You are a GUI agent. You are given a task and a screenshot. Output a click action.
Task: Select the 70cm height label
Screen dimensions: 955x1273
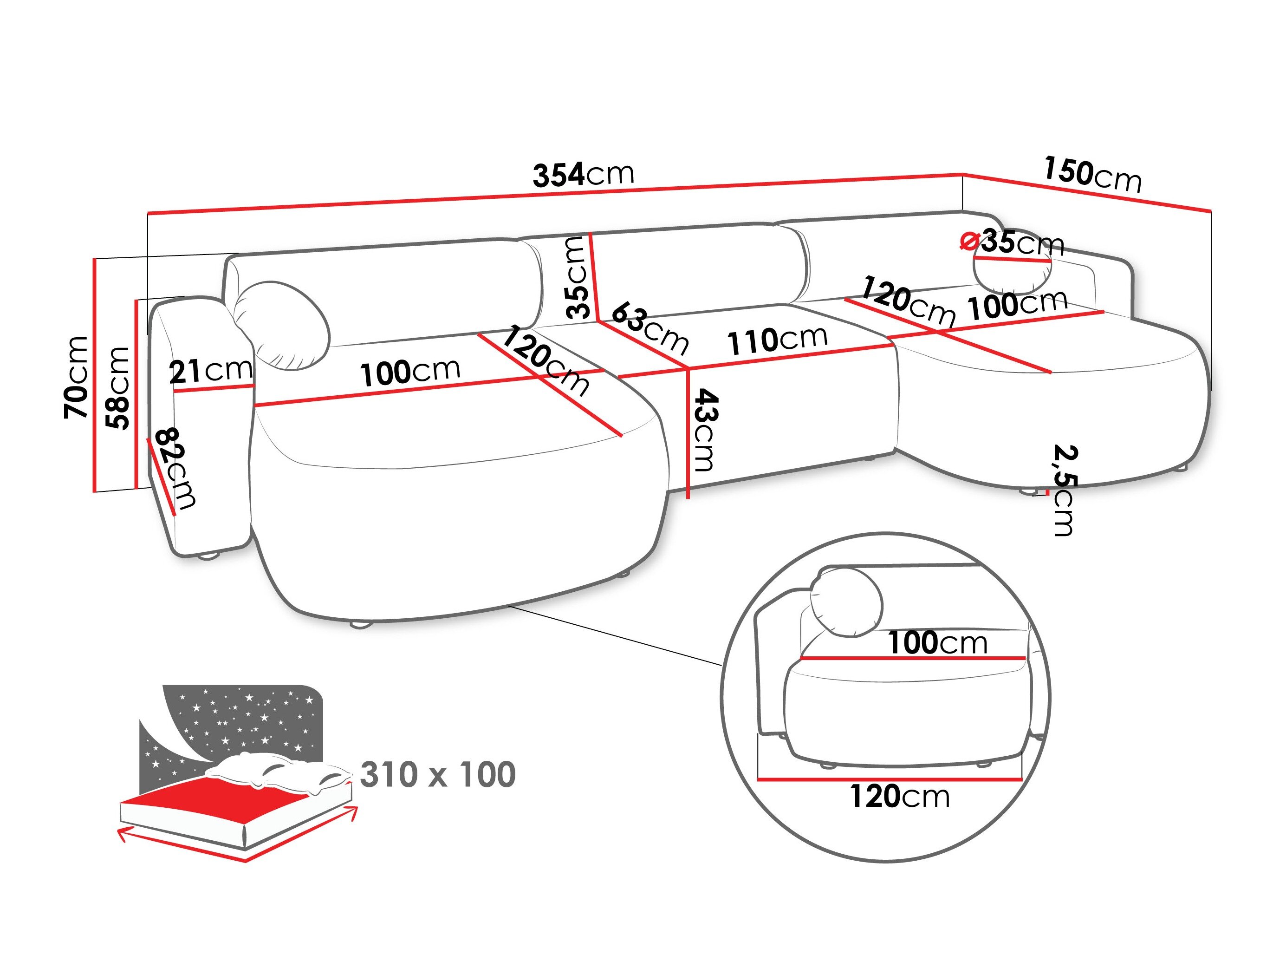77,377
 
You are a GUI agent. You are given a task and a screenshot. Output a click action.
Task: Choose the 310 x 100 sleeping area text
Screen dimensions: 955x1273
437,774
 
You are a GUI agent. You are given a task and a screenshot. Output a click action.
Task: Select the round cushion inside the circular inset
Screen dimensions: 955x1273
846,602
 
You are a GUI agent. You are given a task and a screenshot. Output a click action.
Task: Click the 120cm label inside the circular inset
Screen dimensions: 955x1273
899,796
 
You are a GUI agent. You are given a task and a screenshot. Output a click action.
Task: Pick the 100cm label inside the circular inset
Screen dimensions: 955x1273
937,642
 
